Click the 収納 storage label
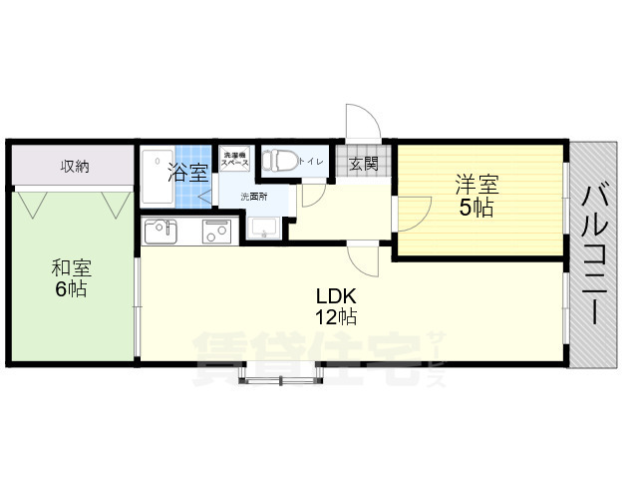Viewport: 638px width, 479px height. [x=74, y=166]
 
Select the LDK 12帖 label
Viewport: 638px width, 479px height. [x=336, y=306]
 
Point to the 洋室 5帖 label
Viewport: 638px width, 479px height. [x=477, y=196]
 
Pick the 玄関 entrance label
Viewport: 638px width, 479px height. [x=364, y=164]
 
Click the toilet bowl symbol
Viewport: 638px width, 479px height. [x=278, y=161]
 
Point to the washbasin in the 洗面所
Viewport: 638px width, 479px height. [x=263, y=229]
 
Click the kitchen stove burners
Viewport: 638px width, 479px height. [x=217, y=233]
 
